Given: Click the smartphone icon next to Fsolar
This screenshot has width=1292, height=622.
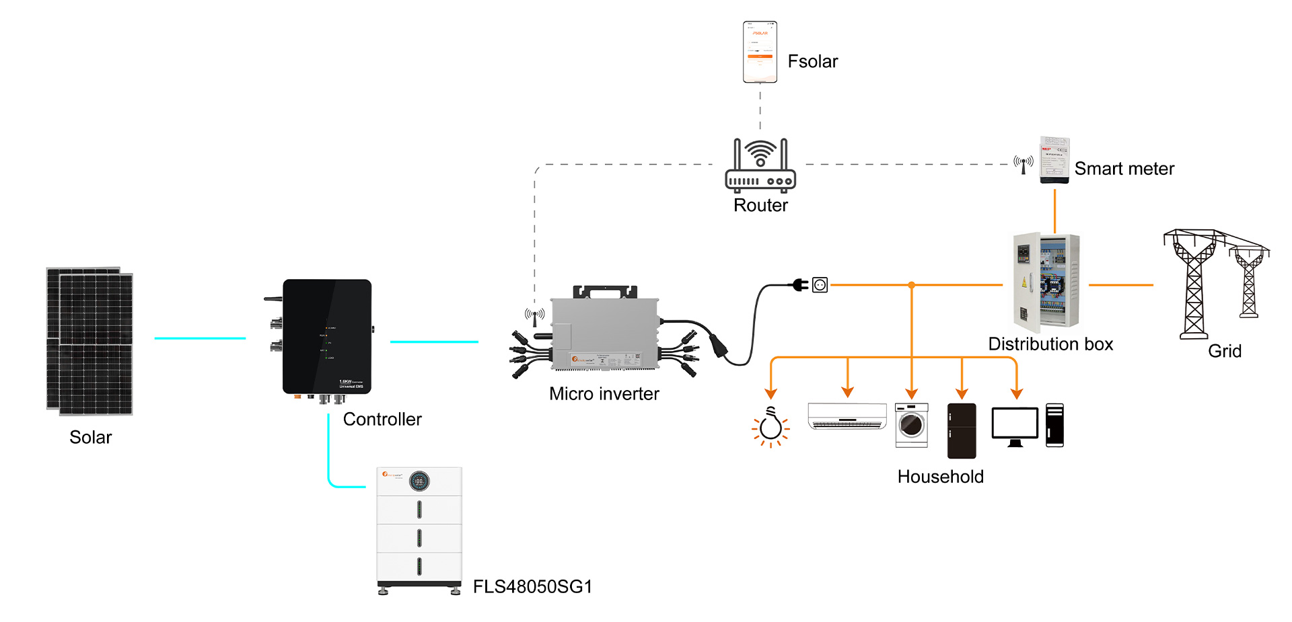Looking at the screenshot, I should point(760,52).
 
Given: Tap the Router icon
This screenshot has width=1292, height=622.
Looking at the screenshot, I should point(760,165).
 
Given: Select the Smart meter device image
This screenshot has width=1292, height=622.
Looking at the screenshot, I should point(1054,159).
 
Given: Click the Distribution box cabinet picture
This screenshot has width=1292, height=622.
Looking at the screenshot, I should point(1046,280).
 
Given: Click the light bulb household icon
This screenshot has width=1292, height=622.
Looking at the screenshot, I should point(770,426).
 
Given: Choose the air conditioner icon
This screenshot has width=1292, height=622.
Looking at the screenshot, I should point(847,416).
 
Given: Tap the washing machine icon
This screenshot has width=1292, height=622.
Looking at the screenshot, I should point(912,425).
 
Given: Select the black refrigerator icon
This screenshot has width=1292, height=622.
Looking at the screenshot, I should point(962,430).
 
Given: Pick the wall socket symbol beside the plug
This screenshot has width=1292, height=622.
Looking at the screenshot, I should point(820,285).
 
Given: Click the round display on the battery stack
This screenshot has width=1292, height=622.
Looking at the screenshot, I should point(419,481).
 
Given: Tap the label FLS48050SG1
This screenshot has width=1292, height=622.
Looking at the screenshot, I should point(532,586).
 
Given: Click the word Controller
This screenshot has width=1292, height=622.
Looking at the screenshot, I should point(382,419).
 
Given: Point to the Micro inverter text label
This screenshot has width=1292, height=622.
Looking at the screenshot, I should point(604,393).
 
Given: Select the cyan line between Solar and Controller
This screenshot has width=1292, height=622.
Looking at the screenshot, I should point(200,338).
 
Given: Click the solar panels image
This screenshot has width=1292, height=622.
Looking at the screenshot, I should point(89,341).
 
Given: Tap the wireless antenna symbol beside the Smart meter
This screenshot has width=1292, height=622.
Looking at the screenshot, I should point(1024,163).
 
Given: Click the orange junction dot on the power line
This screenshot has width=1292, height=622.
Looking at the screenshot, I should point(912,285).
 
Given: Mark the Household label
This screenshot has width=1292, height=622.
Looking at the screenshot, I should point(940,476).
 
